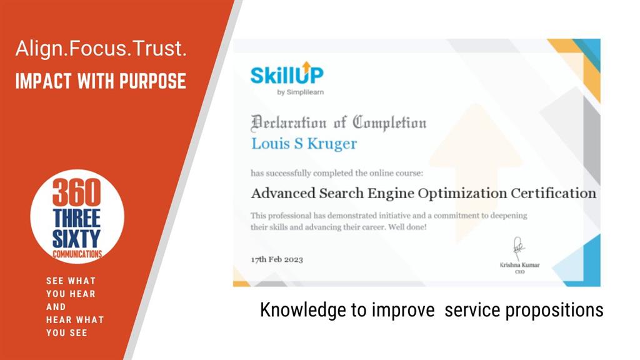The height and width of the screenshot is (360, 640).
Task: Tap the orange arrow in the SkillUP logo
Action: [x=306, y=66]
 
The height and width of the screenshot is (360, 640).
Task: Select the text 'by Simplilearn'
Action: [x=301, y=92]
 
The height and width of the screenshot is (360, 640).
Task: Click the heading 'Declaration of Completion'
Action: [x=338, y=123]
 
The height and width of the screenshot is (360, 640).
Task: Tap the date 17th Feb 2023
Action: [x=277, y=259]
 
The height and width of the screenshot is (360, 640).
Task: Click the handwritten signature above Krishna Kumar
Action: [x=518, y=247]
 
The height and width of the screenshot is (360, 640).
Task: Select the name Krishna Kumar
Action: [x=519, y=265]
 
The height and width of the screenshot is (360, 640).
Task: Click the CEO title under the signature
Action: [x=519, y=272]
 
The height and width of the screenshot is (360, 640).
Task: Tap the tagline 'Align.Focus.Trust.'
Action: [x=101, y=49]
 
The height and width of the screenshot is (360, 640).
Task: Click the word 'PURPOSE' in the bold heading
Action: [x=152, y=81]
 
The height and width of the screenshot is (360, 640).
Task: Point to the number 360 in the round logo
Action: [x=76, y=192]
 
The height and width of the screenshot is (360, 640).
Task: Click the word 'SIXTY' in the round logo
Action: [x=76, y=238]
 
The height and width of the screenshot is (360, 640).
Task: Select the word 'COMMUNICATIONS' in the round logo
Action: [x=77, y=254]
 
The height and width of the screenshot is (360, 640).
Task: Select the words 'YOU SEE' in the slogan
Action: [x=66, y=332]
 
